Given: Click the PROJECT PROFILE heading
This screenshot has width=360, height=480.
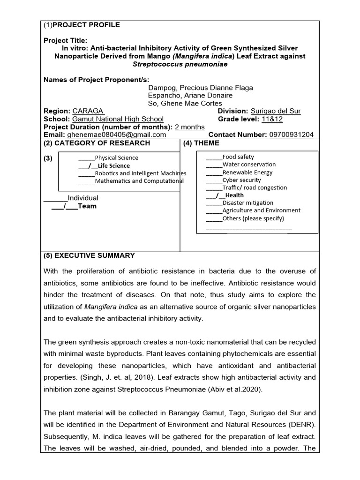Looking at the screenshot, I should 86,25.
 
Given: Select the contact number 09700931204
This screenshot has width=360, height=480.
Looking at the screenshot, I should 291,135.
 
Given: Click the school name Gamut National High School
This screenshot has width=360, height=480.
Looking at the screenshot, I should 118,119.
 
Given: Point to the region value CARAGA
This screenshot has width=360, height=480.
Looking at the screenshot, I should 88,111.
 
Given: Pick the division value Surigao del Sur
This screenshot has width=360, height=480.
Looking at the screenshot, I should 276,111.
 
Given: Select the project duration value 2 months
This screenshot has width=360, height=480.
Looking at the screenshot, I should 189,127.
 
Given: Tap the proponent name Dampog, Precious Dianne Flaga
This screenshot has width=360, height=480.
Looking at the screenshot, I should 200,88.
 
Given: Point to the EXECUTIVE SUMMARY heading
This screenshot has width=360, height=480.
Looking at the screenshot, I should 89,255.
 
